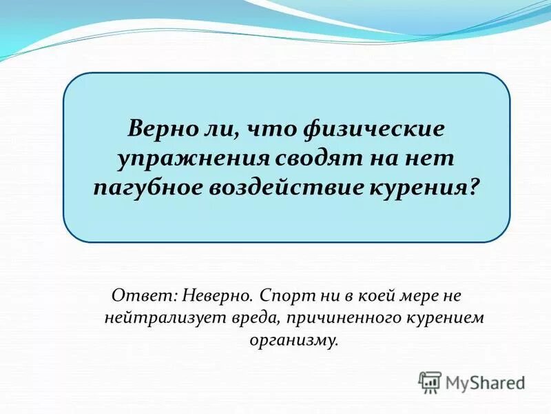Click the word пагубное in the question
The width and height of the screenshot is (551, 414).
[145, 187]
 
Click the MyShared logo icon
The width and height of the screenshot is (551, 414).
[430, 382]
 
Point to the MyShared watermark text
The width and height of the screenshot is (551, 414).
[485, 382]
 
